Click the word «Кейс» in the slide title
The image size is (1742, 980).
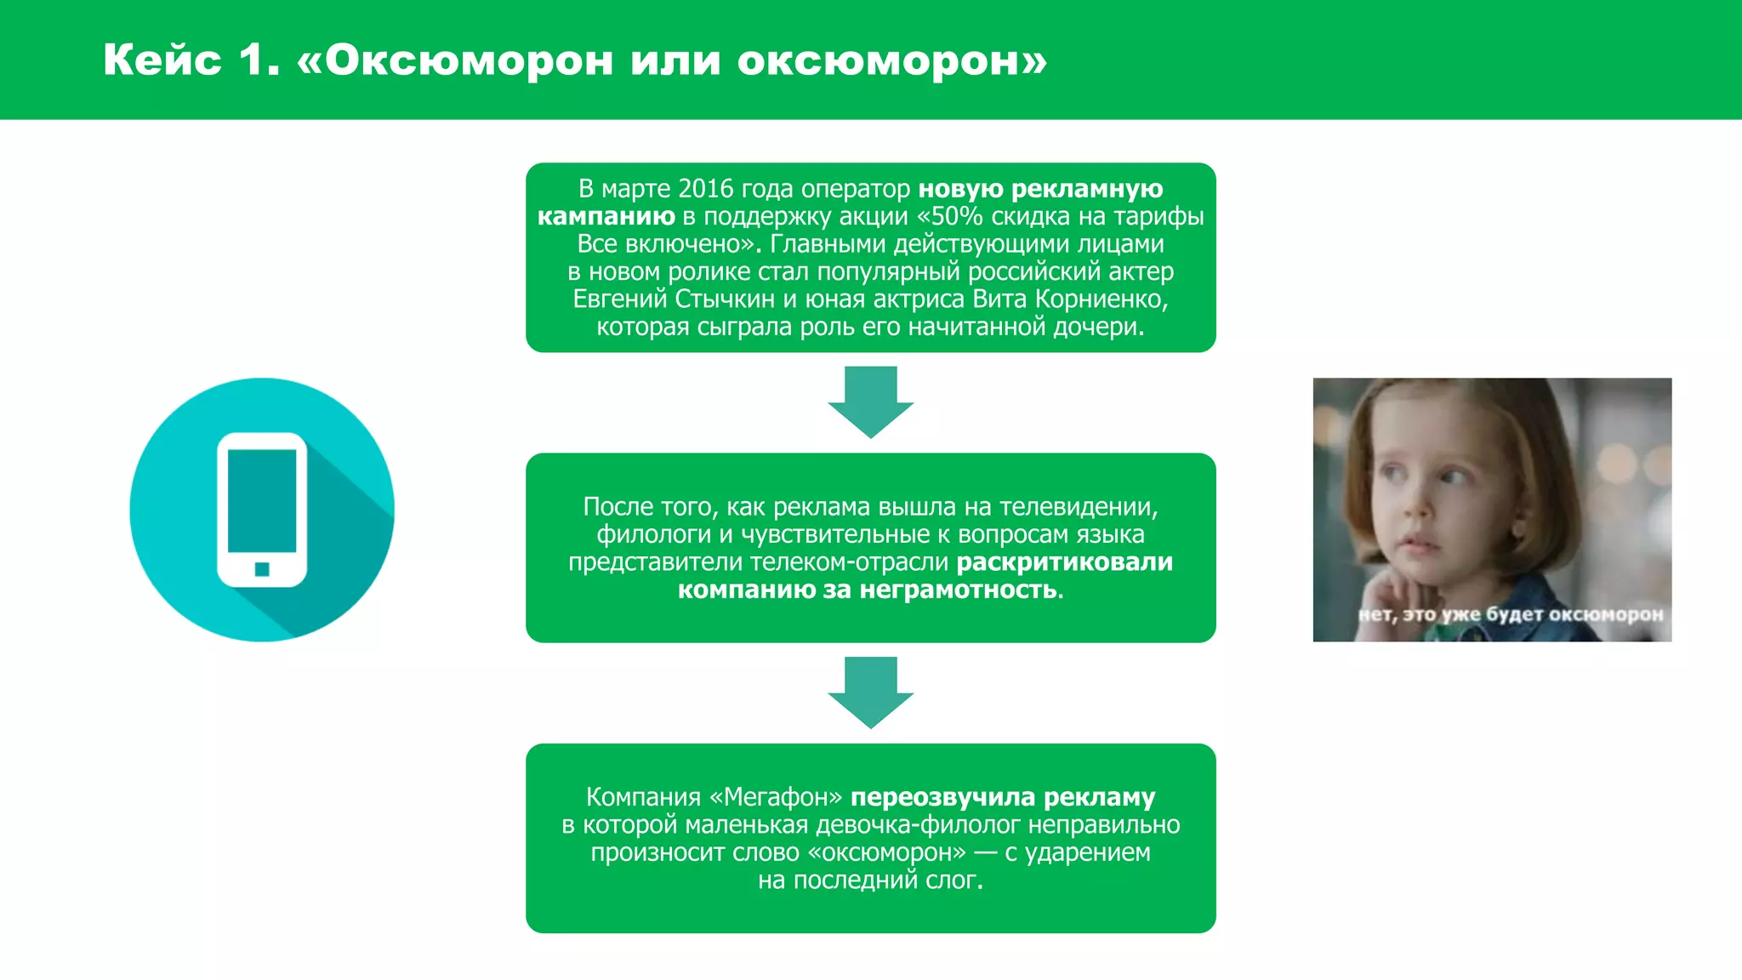[x=162, y=60]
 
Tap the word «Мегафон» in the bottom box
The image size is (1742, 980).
[x=776, y=798]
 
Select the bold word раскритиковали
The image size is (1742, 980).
[x=1064, y=562]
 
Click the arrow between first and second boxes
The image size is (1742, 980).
[x=870, y=402]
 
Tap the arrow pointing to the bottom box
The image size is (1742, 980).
[x=870, y=692]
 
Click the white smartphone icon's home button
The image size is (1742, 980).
[x=262, y=569]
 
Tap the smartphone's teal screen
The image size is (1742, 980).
[x=262, y=500]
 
